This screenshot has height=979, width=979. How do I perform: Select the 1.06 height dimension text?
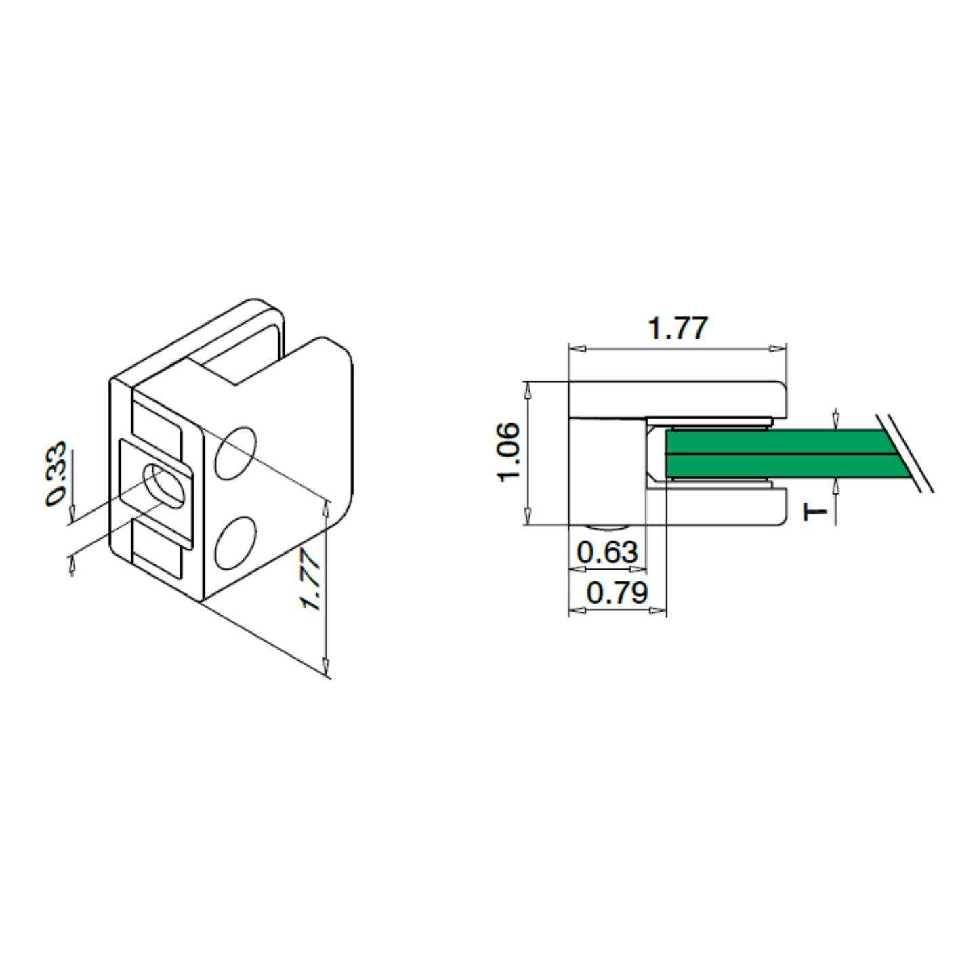point(509,452)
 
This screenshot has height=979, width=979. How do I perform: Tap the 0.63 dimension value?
point(607,551)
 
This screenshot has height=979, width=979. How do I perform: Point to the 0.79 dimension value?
point(617,592)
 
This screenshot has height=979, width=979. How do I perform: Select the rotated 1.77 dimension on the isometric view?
point(310,579)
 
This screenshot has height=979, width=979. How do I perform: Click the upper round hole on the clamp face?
point(235,454)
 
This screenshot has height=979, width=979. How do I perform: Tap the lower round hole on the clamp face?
point(235,543)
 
